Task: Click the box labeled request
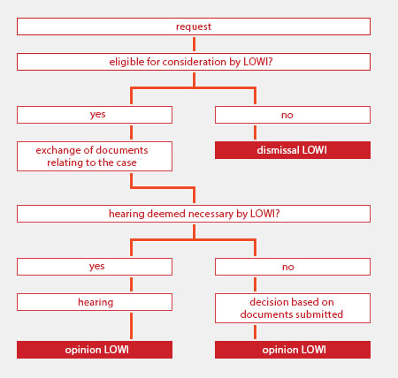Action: tap(194, 26)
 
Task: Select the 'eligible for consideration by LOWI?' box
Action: tap(194, 62)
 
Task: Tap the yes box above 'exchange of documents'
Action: tap(95, 115)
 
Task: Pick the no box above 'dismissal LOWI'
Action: tap(293, 115)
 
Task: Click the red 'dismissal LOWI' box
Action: tap(293, 150)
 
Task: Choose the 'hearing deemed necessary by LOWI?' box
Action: tap(194, 214)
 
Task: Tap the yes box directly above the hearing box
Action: tap(95, 267)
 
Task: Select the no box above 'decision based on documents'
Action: tap(293, 267)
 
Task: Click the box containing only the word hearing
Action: tap(95, 302)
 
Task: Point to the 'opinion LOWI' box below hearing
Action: tap(95, 350)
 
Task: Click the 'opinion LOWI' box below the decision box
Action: tap(293, 350)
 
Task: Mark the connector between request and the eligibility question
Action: tap(194, 44)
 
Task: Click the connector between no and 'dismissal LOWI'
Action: tap(255, 132)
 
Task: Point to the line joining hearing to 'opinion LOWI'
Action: tap(131, 326)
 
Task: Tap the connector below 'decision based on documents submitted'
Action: tap(255, 332)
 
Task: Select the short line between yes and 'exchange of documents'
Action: tap(131, 132)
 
